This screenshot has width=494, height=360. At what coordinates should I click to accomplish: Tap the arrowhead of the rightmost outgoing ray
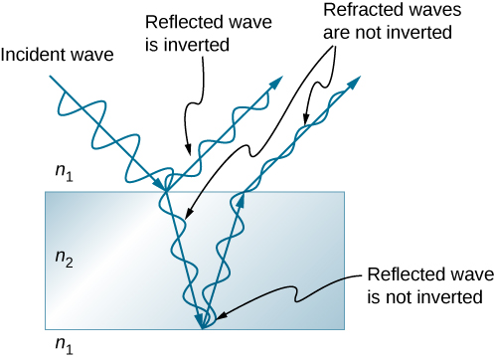(x=355, y=80)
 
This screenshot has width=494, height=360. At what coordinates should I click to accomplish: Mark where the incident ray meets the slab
(x=166, y=192)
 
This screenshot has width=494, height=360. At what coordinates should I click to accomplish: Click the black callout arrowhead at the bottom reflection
(x=218, y=316)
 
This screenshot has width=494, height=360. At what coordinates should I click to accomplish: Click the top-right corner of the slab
(x=345, y=192)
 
